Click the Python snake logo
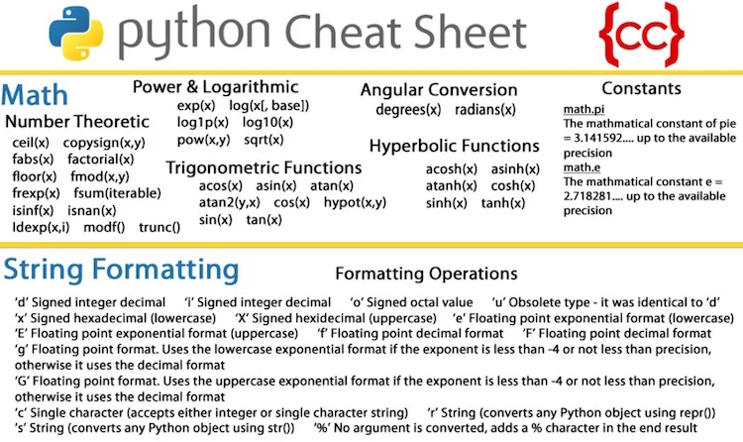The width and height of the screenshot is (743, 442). [76, 33]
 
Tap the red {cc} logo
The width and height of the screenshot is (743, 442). [642, 34]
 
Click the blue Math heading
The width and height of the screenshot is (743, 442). [35, 95]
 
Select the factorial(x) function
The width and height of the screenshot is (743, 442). [101, 160]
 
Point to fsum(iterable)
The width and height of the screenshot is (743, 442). [117, 193]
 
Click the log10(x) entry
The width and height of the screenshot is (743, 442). [267, 122]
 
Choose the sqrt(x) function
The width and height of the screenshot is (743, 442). [264, 140]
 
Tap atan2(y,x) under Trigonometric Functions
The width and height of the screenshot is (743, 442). [230, 203]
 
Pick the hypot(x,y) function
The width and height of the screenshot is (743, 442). [355, 202]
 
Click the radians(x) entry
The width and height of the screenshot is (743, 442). [485, 110]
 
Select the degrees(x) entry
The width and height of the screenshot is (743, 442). [408, 110]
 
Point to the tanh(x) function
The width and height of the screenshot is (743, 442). [503, 203]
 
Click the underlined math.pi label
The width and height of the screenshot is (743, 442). [584, 110]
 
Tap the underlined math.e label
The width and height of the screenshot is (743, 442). [582, 167]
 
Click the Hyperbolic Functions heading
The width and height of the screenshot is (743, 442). [455, 146]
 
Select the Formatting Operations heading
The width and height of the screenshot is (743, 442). [426, 274]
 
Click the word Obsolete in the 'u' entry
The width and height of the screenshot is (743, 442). [534, 302]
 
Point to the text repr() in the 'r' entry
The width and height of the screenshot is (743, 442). [699, 413]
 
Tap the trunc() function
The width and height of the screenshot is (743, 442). [159, 228]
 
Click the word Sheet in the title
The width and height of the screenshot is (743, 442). [470, 33]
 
